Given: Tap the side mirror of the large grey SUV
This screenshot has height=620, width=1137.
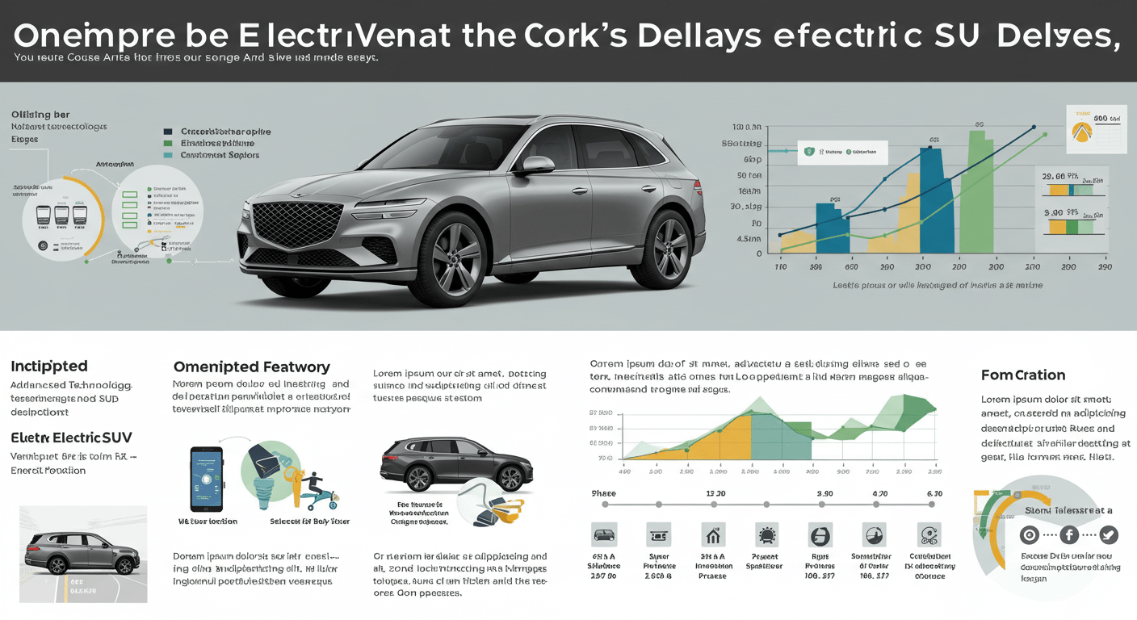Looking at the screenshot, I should click(537, 165).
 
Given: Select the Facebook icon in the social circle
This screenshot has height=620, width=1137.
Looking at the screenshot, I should click(1068, 534).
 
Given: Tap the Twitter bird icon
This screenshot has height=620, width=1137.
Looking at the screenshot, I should click(1108, 534).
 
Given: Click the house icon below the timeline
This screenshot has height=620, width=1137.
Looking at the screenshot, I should click(713, 534).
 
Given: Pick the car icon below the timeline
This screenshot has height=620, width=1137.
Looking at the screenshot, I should click(604, 534).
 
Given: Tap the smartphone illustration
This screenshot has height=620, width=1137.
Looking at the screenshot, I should click(206, 480).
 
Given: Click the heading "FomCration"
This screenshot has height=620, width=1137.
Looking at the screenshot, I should click(1022, 375).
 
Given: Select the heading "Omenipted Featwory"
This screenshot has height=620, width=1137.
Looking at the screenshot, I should click(251, 367).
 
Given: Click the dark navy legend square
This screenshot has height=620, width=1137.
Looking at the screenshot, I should click(168, 131).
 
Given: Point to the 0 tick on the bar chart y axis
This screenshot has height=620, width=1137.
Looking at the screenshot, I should click(758, 253).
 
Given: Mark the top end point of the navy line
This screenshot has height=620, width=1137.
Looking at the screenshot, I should click(1034, 127).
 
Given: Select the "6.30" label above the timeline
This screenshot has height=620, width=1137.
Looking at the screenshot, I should click(934, 493).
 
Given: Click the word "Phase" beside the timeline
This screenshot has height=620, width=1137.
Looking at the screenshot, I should click(604, 493).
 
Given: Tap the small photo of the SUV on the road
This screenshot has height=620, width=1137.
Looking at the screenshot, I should click(83, 554).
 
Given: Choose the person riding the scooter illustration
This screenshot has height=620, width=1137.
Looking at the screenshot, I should click(310, 488).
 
